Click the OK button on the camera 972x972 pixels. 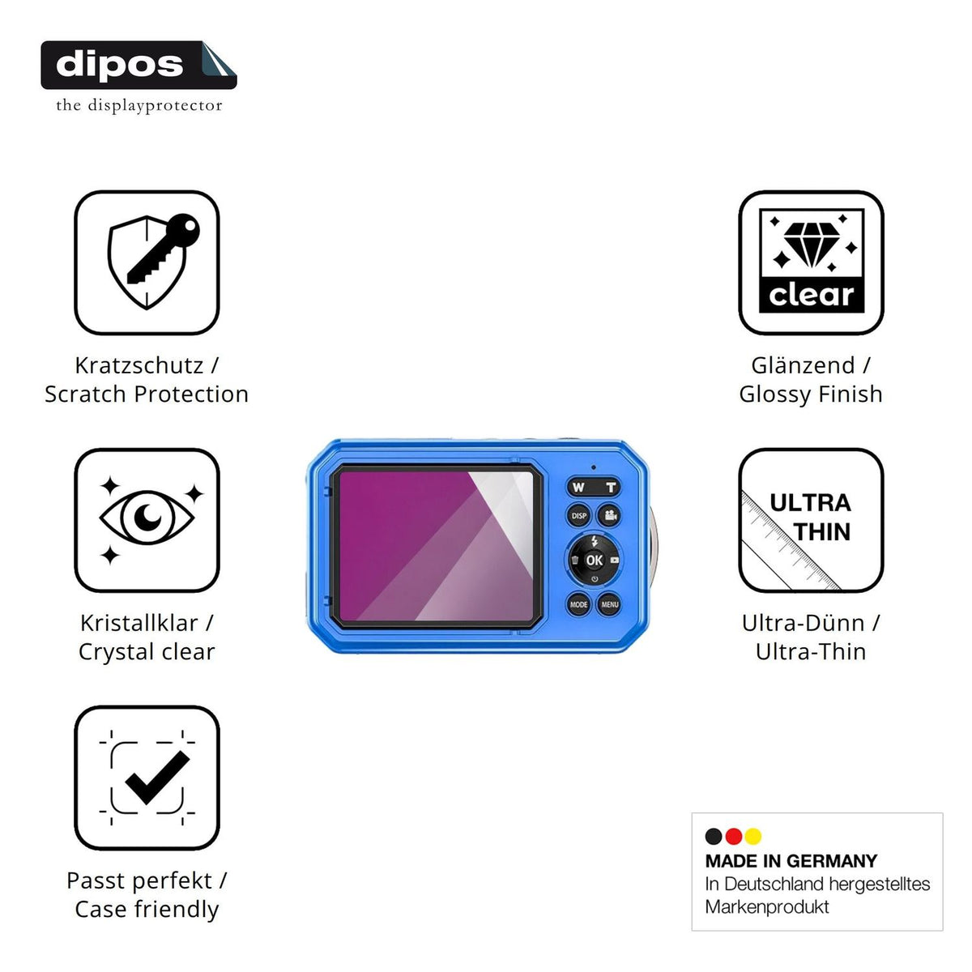(x=594, y=560)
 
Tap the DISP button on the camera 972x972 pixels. (x=578, y=515)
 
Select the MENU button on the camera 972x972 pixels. (x=609, y=604)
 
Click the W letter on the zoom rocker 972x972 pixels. (x=578, y=487)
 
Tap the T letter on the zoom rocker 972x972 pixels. (x=611, y=488)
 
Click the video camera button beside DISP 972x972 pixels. (x=610, y=515)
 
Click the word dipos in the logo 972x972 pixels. (x=120, y=65)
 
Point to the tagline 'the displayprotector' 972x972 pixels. (x=139, y=105)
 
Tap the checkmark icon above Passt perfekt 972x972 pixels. (x=157, y=778)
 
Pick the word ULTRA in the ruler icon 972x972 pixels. (x=810, y=503)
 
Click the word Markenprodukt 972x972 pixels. (x=767, y=907)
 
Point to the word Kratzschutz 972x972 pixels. (x=139, y=365)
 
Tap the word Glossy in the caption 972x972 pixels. (x=775, y=395)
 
